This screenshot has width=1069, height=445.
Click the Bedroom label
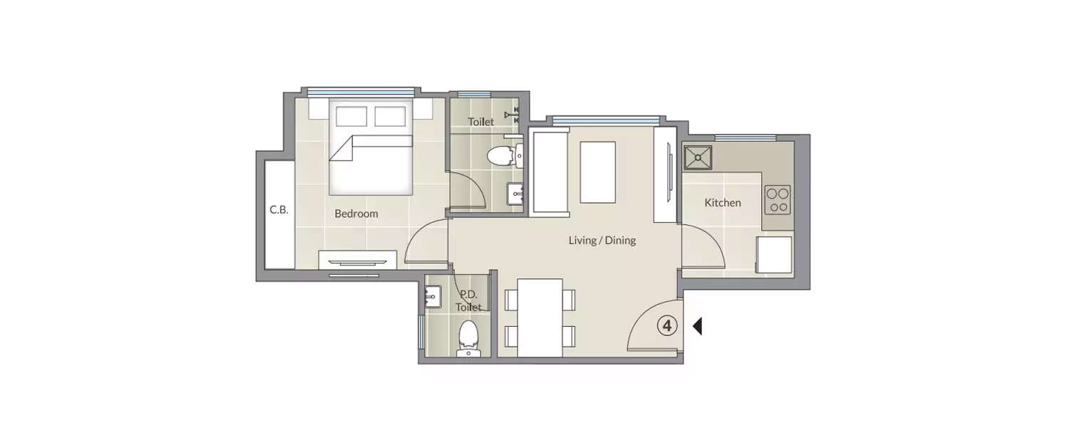point(356,214)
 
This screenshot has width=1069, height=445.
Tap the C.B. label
point(279,210)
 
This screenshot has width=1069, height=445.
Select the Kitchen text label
point(723,203)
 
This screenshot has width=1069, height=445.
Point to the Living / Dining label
point(601,241)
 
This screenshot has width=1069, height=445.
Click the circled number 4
point(666,326)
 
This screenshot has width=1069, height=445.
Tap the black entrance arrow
point(697,326)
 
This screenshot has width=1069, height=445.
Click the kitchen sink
point(698,158)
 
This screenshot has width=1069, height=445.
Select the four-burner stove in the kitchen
point(778,200)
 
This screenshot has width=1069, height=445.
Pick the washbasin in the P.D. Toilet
point(433,297)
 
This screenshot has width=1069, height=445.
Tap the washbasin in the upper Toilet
point(515,194)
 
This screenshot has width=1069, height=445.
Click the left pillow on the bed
point(351,116)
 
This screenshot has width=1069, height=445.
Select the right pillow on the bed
point(390,116)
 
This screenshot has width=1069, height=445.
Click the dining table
point(539,318)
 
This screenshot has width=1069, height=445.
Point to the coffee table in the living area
point(597,172)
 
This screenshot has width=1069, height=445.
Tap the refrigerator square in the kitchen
point(774,255)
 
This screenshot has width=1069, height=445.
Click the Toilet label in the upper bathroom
point(480,122)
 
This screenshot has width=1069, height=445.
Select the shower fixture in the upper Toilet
point(512,115)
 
